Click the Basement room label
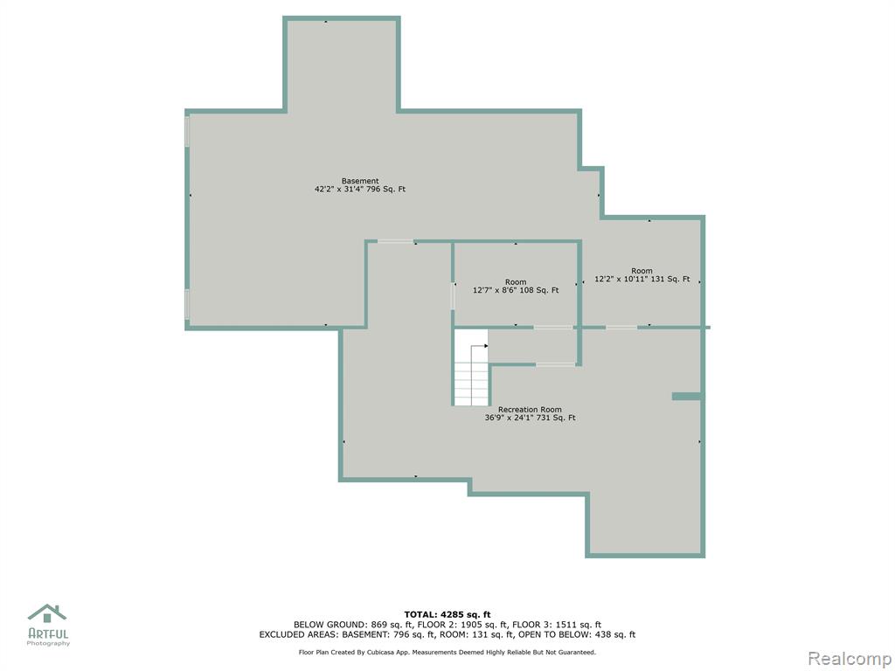[x=360, y=182]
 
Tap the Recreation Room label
[x=530, y=410]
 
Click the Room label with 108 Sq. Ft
[x=516, y=282]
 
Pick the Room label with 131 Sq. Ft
[x=642, y=271]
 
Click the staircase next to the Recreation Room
[x=471, y=375]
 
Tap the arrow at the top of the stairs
[x=480, y=346]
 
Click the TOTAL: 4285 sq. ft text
[x=447, y=614]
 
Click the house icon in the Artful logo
[x=47, y=614]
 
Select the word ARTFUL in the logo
[x=48, y=633]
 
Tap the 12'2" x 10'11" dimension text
[x=622, y=279]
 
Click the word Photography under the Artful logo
[x=49, y=644]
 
